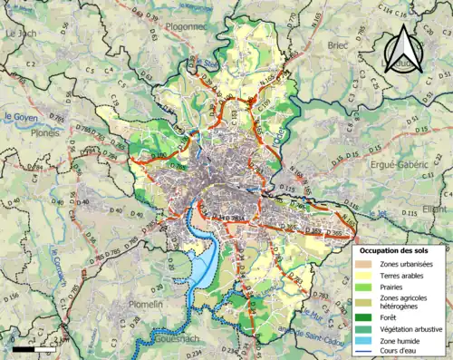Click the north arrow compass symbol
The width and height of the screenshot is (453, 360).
coord(404,47)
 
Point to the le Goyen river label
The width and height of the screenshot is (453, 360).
coord(20,116)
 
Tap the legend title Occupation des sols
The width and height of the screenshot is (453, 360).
coord(400,249)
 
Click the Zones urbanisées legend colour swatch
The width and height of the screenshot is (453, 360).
coord(364,263)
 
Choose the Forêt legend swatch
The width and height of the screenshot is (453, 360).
coord(364,317)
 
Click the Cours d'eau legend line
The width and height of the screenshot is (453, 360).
coord(364,352)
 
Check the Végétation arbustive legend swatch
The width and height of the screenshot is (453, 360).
coord(364,329)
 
